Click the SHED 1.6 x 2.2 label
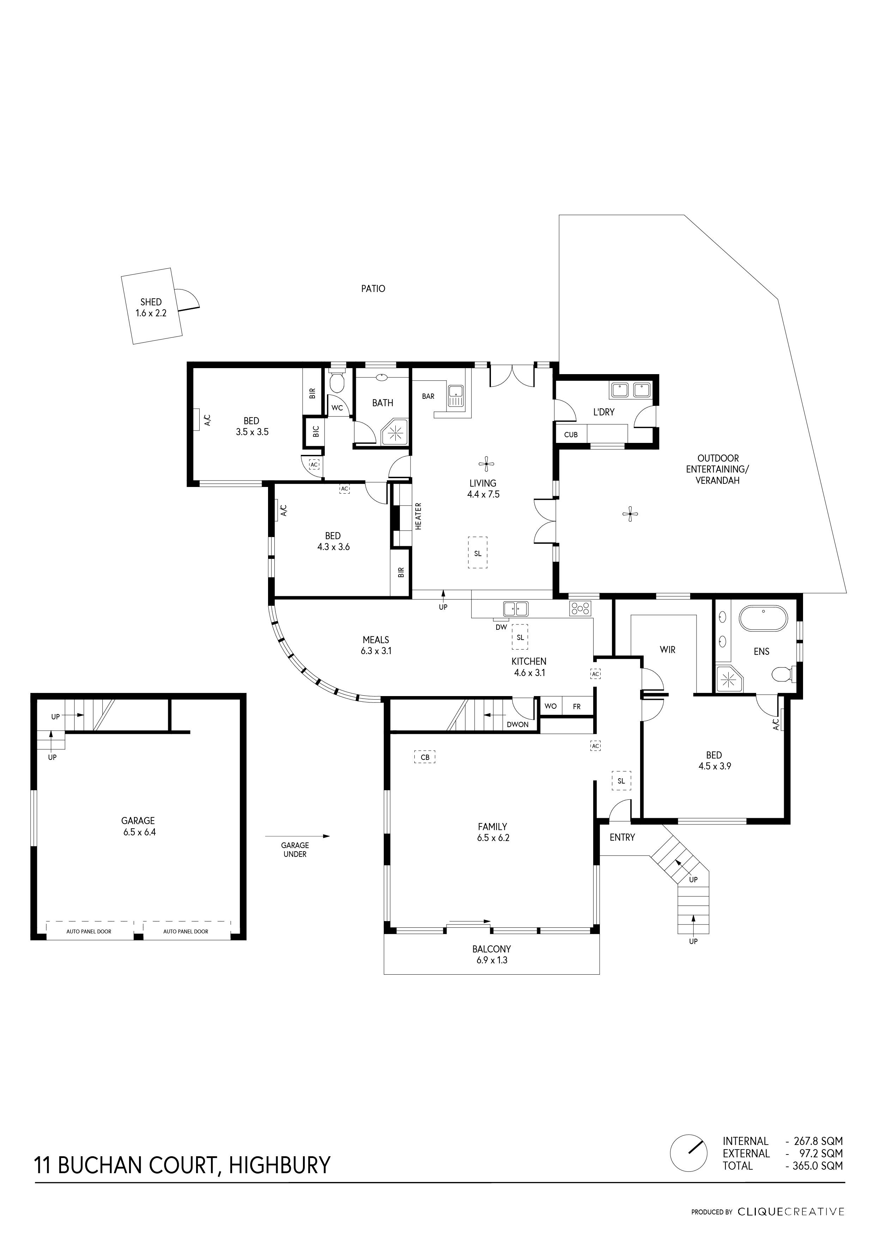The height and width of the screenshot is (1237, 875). click(x=151, y=307)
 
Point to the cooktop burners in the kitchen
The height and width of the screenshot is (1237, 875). click(x=580, y=609)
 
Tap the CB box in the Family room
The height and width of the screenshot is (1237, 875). click(x=425, y=757)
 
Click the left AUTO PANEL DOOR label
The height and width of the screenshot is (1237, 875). click(x=89, y=931)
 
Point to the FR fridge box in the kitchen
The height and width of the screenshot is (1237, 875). click(x=577, y=706)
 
